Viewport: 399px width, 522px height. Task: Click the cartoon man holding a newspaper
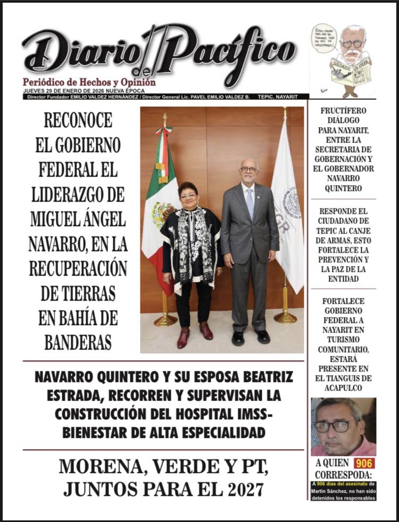point(351,59)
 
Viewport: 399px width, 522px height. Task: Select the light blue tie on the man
point(250,202)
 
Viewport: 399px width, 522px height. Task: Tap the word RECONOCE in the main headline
point(78,120)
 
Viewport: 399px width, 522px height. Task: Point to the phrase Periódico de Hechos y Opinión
point(89,82)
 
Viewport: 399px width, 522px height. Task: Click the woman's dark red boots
point(195,334)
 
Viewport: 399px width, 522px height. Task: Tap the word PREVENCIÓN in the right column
point(343,259)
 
